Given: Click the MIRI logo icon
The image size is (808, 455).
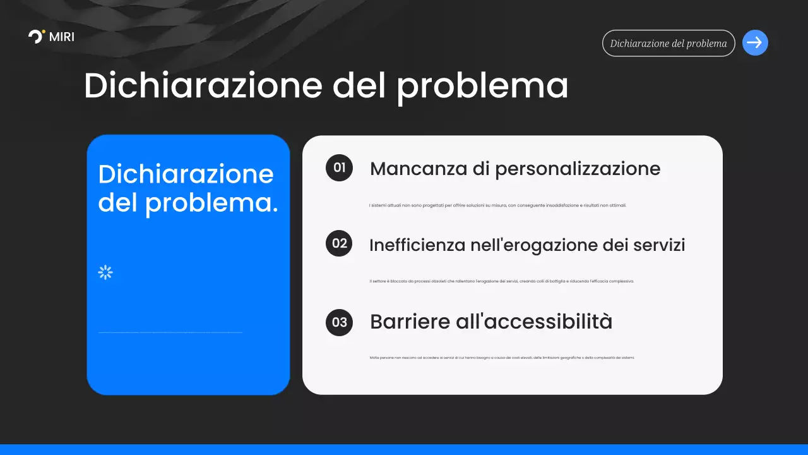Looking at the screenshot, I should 37,36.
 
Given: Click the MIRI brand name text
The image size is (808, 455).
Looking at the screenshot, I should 62,37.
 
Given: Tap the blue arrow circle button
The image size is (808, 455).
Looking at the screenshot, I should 755,43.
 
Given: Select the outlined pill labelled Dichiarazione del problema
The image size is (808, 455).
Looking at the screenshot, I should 668,44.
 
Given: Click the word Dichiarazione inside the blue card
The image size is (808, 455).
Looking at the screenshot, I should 186,174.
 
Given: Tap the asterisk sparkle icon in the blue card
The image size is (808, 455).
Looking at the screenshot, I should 105,272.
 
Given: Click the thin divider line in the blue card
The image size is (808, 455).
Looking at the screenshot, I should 170,332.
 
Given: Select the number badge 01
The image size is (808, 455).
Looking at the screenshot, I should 340,167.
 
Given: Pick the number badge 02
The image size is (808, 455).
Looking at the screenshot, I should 340,243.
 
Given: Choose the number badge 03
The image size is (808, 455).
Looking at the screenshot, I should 340,322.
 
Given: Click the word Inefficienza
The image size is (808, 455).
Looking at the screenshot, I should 417,245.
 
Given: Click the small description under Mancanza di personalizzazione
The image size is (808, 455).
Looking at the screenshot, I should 497,205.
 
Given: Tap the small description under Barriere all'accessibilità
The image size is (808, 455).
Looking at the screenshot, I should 502,358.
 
